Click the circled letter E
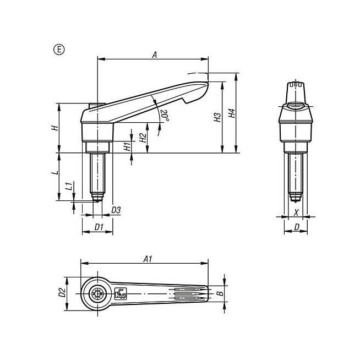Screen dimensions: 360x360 click(59, 50)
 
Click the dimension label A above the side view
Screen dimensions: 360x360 click(155, 55)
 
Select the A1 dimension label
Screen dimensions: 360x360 click(148, 259)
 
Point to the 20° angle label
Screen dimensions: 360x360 click(165, 116)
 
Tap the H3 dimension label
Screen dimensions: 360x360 click(217, 117)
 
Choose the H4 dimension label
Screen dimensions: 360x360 click(232, 113)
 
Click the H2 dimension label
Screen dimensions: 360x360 click(143, 138)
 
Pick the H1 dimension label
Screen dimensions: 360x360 click(127, 146)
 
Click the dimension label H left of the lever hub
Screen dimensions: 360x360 click(55, 128)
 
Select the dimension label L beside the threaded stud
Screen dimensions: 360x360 click(55, 172)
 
